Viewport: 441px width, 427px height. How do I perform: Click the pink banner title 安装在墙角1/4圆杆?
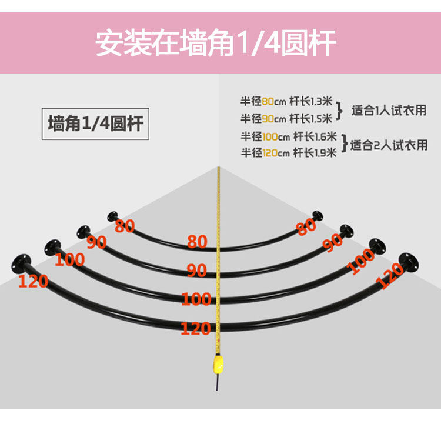coord(216,44)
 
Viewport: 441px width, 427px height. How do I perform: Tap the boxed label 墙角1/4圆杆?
coord(96,124)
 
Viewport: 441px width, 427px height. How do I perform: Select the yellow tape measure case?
coord(219,365)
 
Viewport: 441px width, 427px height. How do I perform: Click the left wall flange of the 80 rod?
coord(112,216)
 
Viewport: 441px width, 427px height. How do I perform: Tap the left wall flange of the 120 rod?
coord(21,263)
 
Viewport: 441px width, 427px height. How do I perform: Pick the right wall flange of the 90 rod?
coord(346,231)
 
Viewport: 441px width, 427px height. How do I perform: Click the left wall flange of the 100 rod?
coord(52,247)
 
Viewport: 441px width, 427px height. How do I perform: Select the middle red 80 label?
coord(197,242)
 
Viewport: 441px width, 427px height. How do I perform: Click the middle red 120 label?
coord(196,328)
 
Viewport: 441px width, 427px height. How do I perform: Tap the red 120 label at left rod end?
coord(33,281)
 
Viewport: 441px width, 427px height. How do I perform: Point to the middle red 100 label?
coord(196,299)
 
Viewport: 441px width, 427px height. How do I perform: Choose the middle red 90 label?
coord(197,271)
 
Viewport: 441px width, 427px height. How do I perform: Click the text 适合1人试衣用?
coord(389,110)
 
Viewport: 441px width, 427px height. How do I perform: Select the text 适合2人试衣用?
coord(389,145)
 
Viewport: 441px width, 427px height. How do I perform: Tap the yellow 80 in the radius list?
coord(268,101)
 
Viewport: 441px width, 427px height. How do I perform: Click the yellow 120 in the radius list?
coord(270,153)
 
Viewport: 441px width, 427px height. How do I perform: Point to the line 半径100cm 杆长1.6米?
coord(289,136)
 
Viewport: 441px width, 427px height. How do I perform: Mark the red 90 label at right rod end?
coord(333,242)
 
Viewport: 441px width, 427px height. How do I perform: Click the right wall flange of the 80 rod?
coord(318,216)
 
